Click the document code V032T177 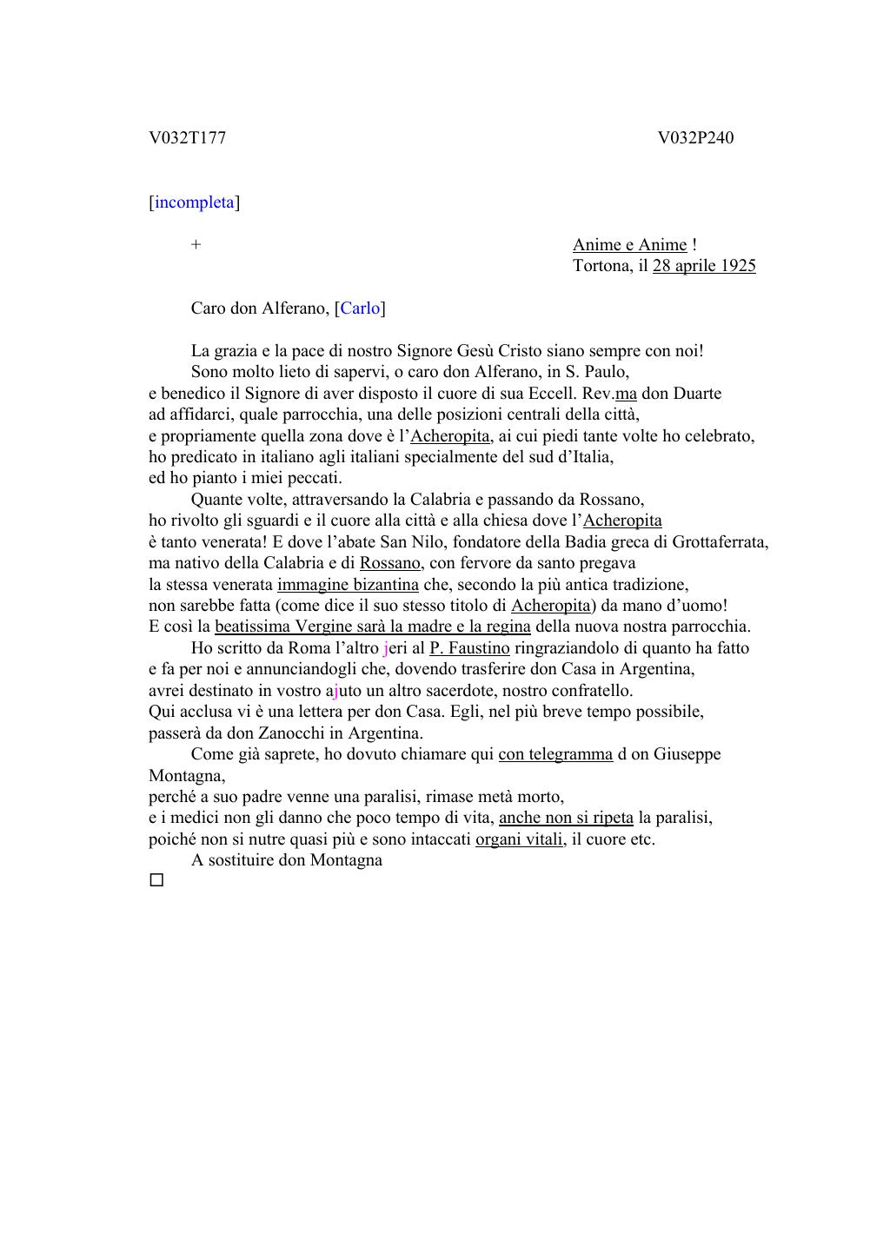point(187,138)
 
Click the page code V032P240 point(695,138)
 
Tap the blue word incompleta point(195,202)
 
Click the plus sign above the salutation point(196,245)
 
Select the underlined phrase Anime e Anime point(629,245)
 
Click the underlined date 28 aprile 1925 point(704,266)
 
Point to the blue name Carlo point(360,308)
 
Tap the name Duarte point(696,394)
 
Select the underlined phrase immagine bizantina point(348,585)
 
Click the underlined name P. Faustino point(469,648)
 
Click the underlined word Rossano point(390,563)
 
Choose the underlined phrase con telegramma point(555,754)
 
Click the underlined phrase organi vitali point(520,839)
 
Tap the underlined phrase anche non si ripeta point(566,818)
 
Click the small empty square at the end point(156,880)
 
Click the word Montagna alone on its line point(186,776)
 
